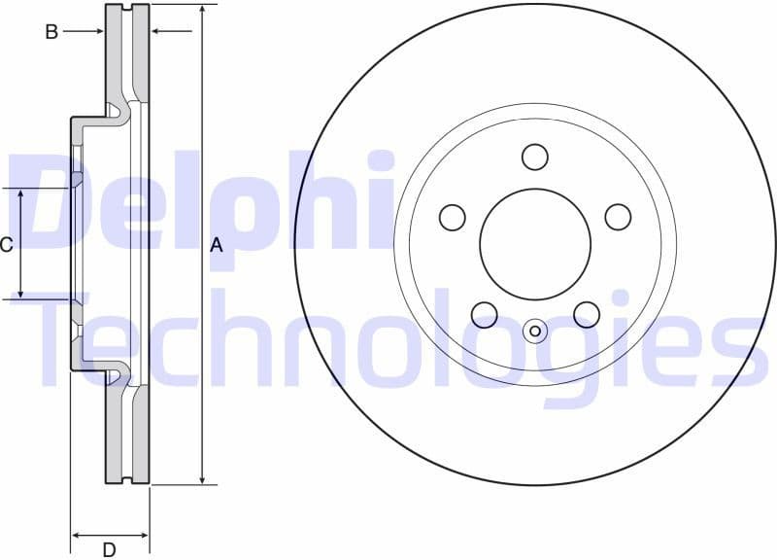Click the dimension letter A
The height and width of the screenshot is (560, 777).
pos(217,246)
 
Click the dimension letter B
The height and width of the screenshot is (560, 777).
pos(51,32)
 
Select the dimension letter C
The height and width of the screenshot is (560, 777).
pos(6,245)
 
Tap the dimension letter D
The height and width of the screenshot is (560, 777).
pos(109,550)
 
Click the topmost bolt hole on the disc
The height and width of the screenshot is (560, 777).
pos(535,157)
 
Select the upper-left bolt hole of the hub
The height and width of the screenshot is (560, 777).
pos(453,217)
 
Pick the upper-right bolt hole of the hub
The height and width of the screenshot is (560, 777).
pos(618,217)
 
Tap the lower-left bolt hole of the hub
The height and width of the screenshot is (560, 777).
pos(484,314)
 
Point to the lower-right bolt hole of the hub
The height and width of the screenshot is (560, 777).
pos(587,314)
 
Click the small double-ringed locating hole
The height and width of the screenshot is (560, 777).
pos(535,332)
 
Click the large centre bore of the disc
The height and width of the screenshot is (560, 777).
pos(535,244)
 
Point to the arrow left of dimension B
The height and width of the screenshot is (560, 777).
pos(97,32)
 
